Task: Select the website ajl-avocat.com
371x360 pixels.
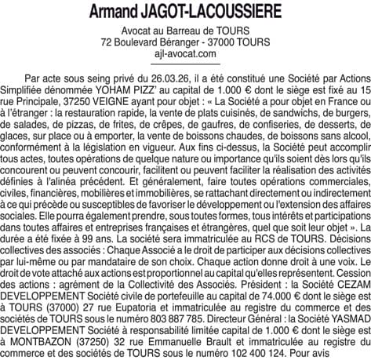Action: click(x=185, y=53)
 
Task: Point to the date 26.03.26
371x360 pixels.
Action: click(x=153, y=80)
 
